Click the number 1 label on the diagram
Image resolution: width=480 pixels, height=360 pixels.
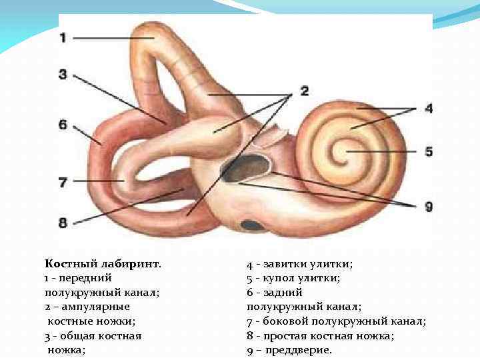pos(63,38)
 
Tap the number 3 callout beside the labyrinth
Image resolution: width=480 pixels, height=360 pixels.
pos(63,75)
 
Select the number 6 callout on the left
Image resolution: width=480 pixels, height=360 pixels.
pos(63,125)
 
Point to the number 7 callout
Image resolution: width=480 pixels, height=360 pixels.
pos(63,181)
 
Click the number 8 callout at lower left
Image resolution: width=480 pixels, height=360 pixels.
pos(63,222)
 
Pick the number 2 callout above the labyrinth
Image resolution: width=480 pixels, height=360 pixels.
pos(305,91)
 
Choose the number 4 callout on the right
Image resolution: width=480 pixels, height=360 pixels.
pos(429,108)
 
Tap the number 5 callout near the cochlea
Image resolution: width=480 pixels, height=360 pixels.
pos(429,152)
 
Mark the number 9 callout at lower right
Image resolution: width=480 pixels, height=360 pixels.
pos(428,207)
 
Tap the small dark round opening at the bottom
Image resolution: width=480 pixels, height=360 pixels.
pos(252,225)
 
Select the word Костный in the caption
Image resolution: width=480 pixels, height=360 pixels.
pos(67,263)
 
